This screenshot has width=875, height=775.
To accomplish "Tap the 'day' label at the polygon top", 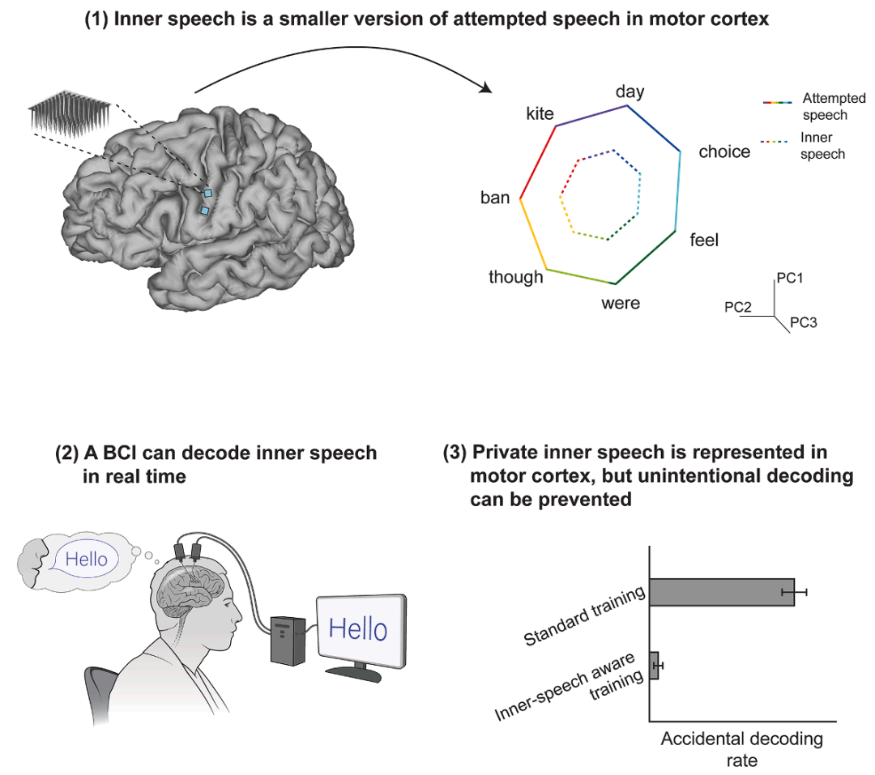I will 630,91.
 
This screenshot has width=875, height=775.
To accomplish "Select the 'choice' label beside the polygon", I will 724,151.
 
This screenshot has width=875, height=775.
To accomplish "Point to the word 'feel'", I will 704,240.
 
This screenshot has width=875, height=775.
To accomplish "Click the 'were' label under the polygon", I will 621,303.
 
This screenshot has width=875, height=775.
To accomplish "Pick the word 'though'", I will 515,277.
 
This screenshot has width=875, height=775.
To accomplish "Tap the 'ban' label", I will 495,197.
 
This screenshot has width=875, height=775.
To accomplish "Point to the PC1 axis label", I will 790,278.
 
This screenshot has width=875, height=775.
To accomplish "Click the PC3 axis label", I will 804,322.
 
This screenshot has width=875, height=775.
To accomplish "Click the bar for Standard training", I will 721,593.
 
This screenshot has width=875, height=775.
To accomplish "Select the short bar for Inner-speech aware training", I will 654,665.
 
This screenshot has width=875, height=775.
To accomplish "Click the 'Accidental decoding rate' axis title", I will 741,749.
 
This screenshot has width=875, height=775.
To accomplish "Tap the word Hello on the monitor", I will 358,628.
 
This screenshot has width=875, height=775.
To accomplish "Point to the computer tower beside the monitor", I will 288,639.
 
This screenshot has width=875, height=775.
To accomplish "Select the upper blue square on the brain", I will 207,194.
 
